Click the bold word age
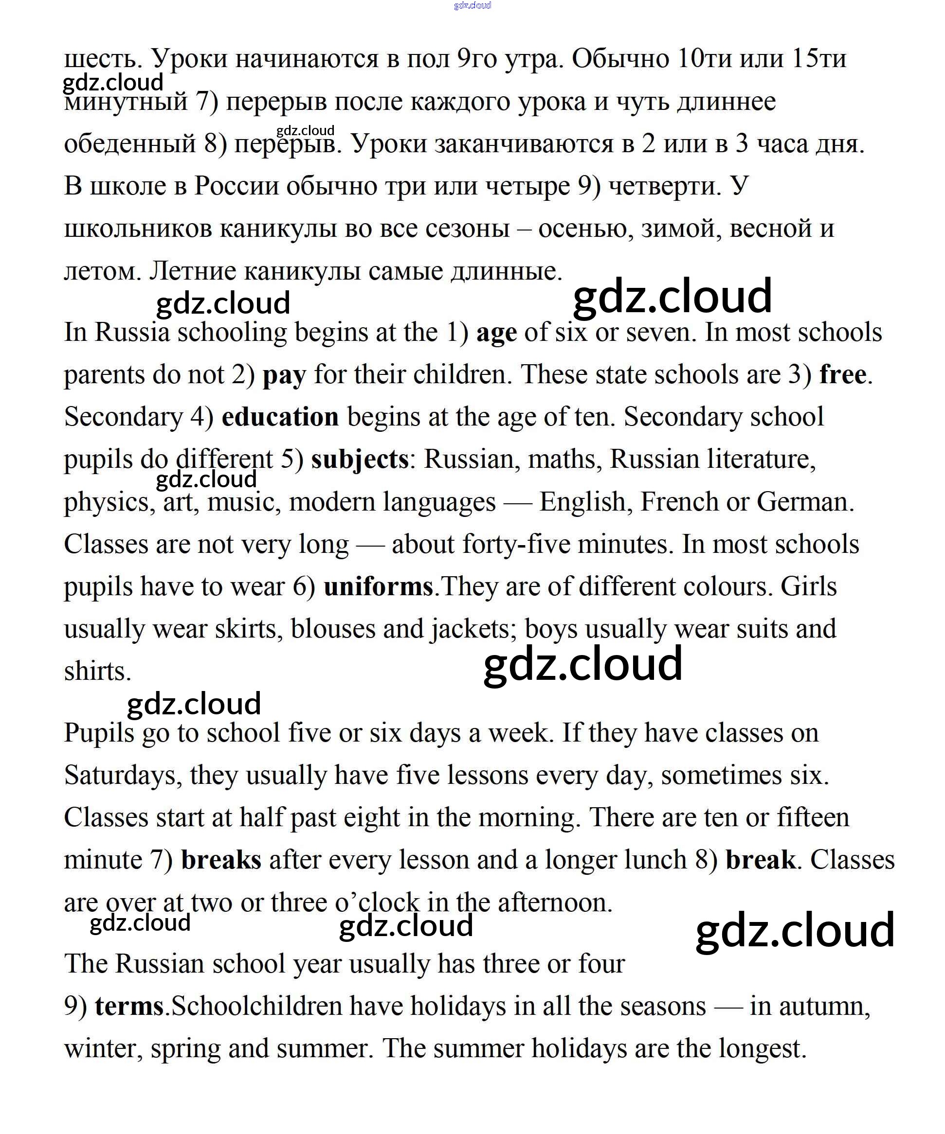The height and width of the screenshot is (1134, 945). (496, 333)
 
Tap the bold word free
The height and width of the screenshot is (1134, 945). (842, 375)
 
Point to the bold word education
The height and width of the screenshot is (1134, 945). (280, 417)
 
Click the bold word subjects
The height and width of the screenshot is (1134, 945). (359, 460)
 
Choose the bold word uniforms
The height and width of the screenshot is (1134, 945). (378, 587)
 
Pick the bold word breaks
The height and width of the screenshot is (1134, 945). (221, 860)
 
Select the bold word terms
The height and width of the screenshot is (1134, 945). (129, 1007)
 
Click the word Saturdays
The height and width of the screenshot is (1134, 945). (123, 776)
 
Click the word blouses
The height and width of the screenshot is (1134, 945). (333, 630)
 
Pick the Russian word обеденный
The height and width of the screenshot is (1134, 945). (129, 144)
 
